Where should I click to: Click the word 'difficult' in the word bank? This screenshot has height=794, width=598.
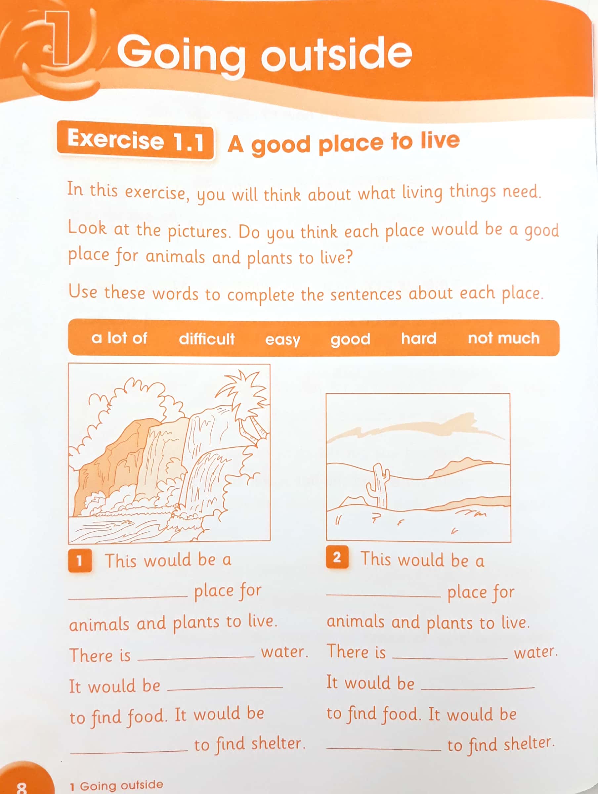pos(206,338)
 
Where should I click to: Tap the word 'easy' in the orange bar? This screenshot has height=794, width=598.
pos(282,339)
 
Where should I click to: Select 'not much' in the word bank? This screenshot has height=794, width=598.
pos(503,338)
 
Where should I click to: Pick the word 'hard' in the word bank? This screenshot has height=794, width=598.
pos(418,338)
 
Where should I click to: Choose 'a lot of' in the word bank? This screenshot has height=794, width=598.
pos(119,338)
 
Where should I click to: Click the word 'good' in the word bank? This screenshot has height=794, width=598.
pos(350,339)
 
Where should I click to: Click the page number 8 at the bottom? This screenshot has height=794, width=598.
pos(21,787)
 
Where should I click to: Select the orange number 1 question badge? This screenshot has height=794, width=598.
pos(80,560)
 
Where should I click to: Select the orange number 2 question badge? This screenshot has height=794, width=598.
pos(337,557)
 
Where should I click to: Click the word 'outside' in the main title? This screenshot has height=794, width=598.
pos(336,54)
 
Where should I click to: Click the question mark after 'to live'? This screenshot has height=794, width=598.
pos(348,257)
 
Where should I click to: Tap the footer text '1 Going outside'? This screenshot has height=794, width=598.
pos(116,785)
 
